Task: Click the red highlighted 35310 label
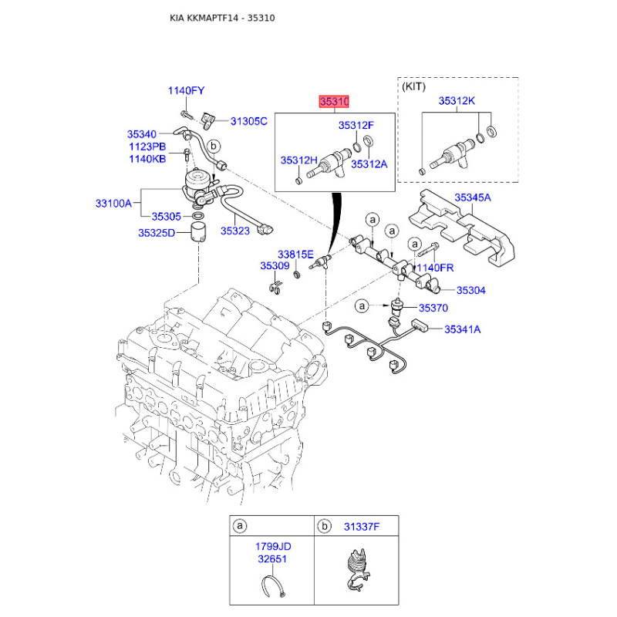[335, 102]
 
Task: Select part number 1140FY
[187, 92]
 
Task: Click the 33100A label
[113, 204]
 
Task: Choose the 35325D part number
[157, 233]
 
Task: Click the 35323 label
[236, 230]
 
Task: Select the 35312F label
[356, 126]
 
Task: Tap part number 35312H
[298, 160]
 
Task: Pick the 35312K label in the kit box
[457, 101]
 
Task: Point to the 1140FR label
[437, 268]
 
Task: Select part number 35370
[433, 308]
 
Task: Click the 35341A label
[462, 330]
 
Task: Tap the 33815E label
[295, 254]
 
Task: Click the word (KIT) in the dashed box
[414, 86]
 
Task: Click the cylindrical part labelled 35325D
[200, 231]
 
